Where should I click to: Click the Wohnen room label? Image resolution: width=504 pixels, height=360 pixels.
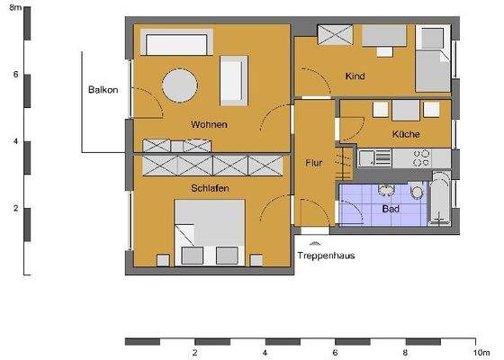pyautogui.click(x=208, y=124)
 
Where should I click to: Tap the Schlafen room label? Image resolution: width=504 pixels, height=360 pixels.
pyautogui.click(x=208, y=188)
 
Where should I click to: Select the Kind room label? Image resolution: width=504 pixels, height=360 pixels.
pyautogui.click(x=355, y=76)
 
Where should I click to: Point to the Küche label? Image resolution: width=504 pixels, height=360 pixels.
pyautogui.click(x=406, y=134)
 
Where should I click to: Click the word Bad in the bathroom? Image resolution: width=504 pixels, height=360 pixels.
pyautogui.click(x=391, y=209)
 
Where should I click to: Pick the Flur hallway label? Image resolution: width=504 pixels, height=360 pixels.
pyautogui.click(x=314, y=164)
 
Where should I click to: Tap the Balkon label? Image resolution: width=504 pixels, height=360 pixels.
pyautogui.click(x=103, y=90)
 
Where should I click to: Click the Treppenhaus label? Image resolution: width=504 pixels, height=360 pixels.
pyautogui.click(x=325, y=256)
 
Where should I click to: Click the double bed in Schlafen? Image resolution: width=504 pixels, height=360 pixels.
pyautogui.click(x=210, y=231)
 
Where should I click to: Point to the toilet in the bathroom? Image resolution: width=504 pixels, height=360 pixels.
pyautogui.click(x=416, y=193)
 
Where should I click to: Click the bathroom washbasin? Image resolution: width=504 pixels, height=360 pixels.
pyautogui.click(x=387, y=189)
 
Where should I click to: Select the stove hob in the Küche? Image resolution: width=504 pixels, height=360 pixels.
pyautogui.click(x=420, y=158)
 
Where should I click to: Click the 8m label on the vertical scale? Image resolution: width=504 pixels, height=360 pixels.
pyautogui.click(x=15, y=7)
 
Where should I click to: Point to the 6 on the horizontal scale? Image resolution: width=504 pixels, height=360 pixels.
pyautogui.click(x=335, y=354)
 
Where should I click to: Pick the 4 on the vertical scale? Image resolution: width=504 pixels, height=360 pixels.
pyautogui.click(x=15, y=141)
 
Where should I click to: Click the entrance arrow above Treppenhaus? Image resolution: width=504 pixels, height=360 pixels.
pyautogui.click(x=313, y=243)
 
